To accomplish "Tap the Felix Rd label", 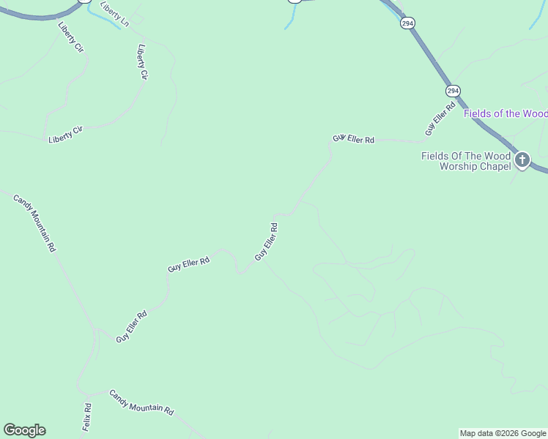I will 86,416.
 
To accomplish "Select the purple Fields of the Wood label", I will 506,113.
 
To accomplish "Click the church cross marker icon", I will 522,160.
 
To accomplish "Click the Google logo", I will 24,430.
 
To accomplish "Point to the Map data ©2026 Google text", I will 503,433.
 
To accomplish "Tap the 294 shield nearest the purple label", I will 452,91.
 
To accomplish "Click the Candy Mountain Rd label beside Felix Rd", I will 141,402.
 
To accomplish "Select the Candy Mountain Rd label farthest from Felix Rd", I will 34,223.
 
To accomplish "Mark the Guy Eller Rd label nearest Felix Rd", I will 132,326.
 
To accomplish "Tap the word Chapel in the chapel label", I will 494,166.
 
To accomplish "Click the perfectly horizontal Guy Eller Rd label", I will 354,138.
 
